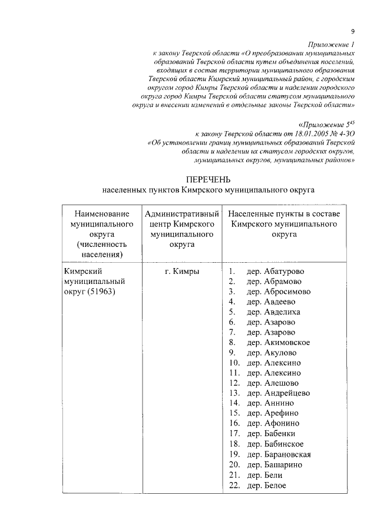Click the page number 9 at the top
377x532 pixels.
click(x=352, y=31)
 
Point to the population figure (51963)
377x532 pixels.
click(x=101, y=292)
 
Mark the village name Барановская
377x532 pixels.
click(x=287, y=454)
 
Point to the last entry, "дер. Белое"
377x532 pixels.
click(x=266, y=485)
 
